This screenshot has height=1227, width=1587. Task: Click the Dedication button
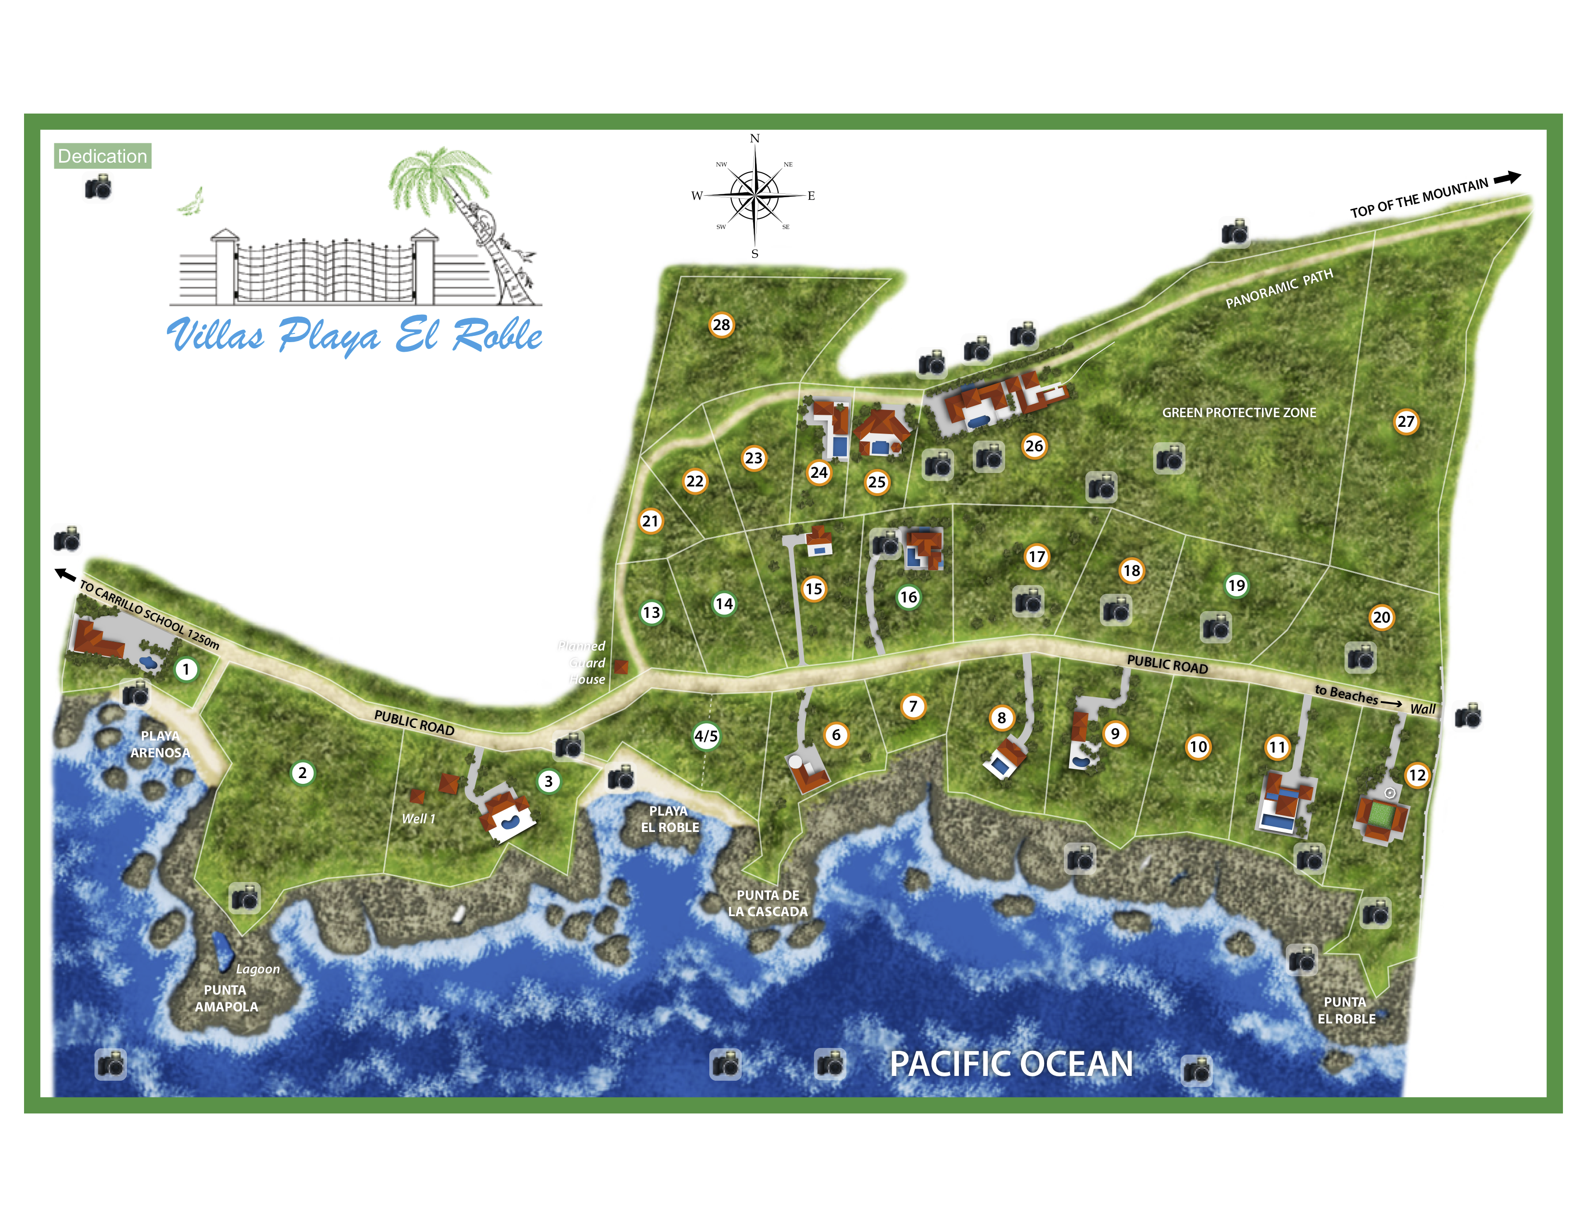[102, 156]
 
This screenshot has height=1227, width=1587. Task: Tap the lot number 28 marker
[721, 325]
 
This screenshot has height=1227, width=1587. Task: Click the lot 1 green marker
[186, 669]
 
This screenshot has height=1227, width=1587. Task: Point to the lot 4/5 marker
[705, 736]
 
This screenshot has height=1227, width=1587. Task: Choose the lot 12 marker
[1417, 775]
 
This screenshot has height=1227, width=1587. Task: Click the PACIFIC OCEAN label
[1011, 1064]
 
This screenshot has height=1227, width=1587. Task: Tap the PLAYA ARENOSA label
[160, 744]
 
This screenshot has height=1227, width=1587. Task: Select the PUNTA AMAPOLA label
[226, 998]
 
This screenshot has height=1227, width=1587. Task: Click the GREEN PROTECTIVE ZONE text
[1239, 413]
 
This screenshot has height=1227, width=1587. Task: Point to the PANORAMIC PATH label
[1279, 289]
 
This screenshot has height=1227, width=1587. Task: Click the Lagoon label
[257, 969]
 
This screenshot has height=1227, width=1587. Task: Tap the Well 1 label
[418, 818]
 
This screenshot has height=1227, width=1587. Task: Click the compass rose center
[755, 195]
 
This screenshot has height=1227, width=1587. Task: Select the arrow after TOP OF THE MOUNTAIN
[1507, 178]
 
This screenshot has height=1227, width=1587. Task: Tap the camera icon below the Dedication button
[98, 188]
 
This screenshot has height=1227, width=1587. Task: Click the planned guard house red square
[620, 666]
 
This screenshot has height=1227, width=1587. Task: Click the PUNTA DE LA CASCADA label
[768, 904]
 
